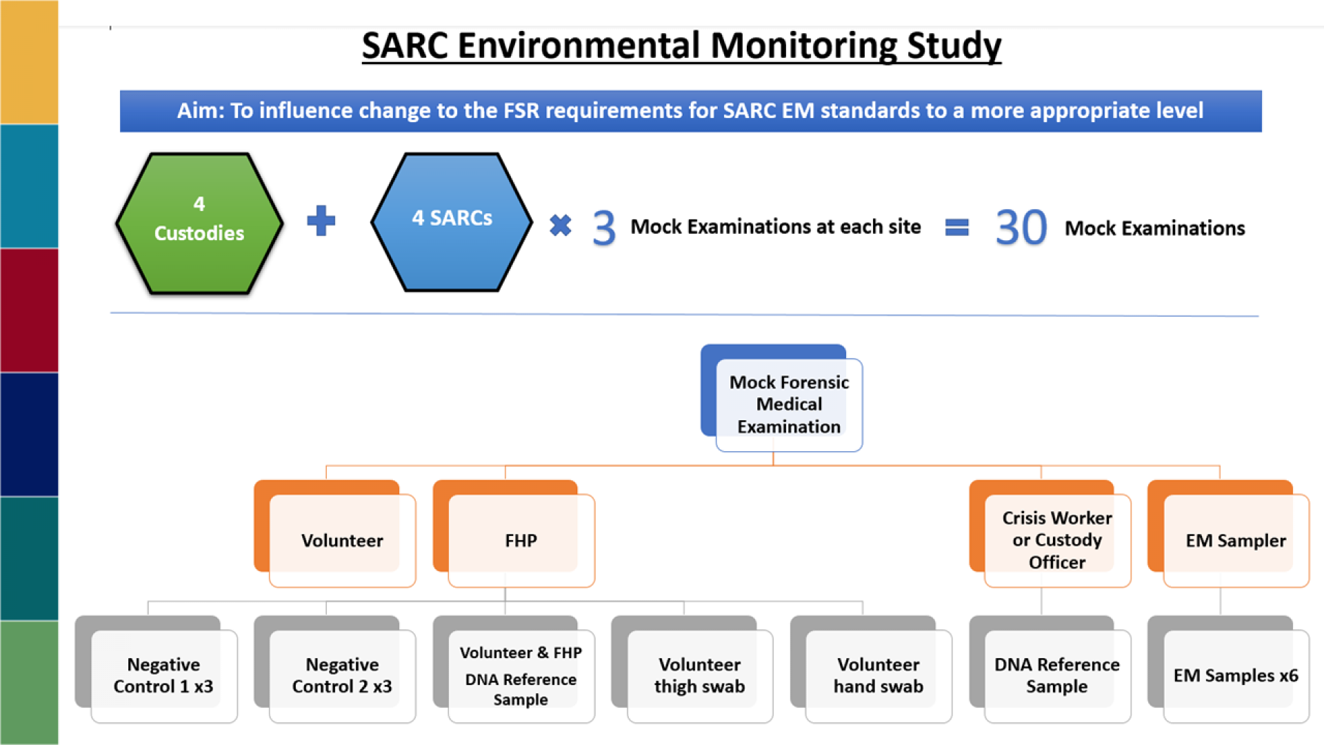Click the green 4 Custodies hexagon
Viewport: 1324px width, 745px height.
tap(199, 222)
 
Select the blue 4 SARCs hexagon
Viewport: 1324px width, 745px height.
tap(452, 221)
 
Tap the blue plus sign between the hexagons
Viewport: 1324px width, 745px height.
tap(321, 221)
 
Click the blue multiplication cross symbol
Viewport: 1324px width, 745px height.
tap(561, 225)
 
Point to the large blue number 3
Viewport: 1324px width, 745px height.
tap(603, 228)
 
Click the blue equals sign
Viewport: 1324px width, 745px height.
tap(956, 227)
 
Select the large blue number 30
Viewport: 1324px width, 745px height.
tap(1021, 228)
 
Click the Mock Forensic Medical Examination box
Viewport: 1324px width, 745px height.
tap(788, 404)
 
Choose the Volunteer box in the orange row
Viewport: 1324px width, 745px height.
tap(342, 540)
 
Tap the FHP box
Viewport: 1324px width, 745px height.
tap(521, 540)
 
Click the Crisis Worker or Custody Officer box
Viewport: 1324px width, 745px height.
tap(1056, 540)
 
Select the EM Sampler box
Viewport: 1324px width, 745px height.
tap(1235, 540)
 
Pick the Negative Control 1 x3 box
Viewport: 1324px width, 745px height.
tap(163, 675)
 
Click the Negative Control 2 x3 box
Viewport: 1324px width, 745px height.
tap(342, 675)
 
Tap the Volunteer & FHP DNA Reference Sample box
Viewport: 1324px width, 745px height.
tap(521, 675)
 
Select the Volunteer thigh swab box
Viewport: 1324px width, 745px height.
tap(699, 675)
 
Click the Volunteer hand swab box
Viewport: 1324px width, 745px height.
tap(878, 675)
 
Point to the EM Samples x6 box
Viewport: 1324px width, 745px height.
tap(1235, 675)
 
